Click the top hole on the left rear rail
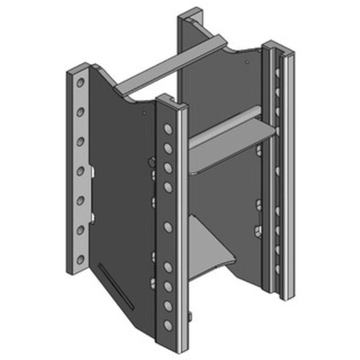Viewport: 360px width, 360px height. pyautogui.click(x=81, y=83)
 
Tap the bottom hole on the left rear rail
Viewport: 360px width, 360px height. pyautogui.click(x=81, y=259)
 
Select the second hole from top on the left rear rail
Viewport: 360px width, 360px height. pyautogui.click(x=81, y=112)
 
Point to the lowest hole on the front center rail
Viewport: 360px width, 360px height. pyautogui.click(x=168, y=325)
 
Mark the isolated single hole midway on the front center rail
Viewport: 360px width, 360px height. pyautogui.click(x=168, y=227)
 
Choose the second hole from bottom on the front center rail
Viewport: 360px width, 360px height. pyautogui.click(x=168, y=306)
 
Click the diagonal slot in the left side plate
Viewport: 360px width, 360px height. pyautogui.click(x=116, y=286)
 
